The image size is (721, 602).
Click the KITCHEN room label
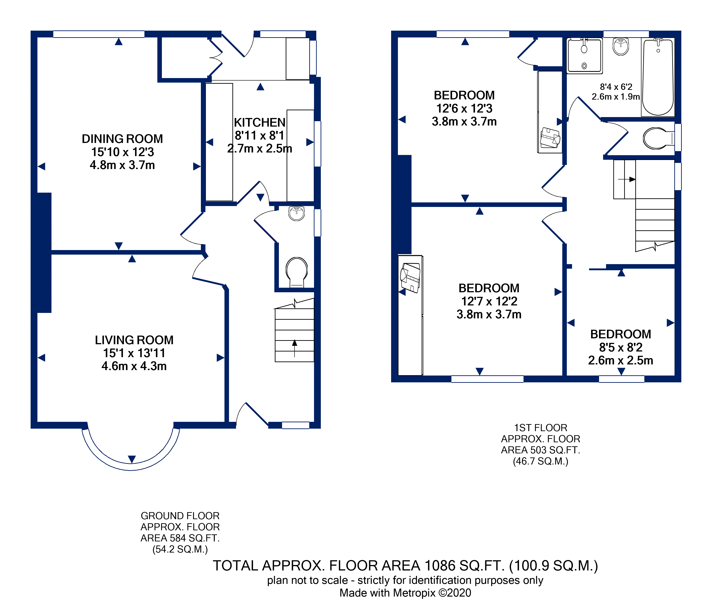tap(260, 122)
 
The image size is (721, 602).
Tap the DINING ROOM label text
tap(122, 139)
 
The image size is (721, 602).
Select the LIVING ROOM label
tap(134, 340)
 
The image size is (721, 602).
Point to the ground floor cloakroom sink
tap(297, 213)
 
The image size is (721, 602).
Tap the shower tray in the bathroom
tap(584, 56)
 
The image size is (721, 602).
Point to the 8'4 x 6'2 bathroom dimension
tap(616, 87)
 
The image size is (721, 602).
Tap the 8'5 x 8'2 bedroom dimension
tap(621, 347)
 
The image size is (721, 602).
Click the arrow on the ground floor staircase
tap(295, 348)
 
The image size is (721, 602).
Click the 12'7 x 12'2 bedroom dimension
tap(489, 301)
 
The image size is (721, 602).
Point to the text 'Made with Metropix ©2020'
tap(405, 593)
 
